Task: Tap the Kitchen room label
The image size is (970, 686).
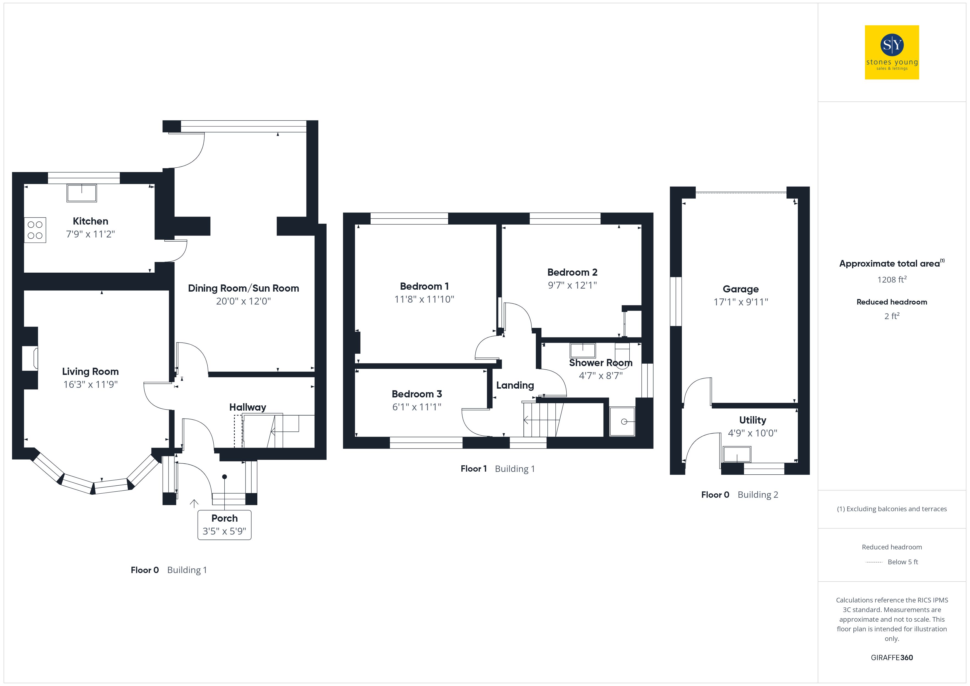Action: (90, 221)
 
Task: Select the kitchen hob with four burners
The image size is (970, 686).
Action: (35, 230)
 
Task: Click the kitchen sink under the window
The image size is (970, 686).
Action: (82, 193)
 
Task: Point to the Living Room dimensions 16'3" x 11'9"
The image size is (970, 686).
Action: (90, 385)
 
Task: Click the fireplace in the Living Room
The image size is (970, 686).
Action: (31, 358)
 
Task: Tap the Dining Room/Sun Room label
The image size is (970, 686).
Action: (243, 288)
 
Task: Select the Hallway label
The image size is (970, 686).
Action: (247, 407)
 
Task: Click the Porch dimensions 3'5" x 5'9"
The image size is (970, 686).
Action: (224, 531)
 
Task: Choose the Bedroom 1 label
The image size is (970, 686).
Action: (424, 286)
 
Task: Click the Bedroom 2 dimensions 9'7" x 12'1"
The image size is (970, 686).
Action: (572, 285)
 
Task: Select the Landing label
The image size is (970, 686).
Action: (515, 385)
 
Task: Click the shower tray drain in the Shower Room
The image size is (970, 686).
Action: (624, 422)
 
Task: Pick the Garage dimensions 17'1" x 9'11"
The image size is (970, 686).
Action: (741, 302)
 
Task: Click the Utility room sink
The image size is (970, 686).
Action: (737, 455)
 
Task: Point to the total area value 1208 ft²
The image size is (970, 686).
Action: (892, 279)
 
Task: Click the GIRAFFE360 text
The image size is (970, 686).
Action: (892, 658)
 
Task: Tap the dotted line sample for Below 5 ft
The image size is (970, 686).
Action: (874, 562)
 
